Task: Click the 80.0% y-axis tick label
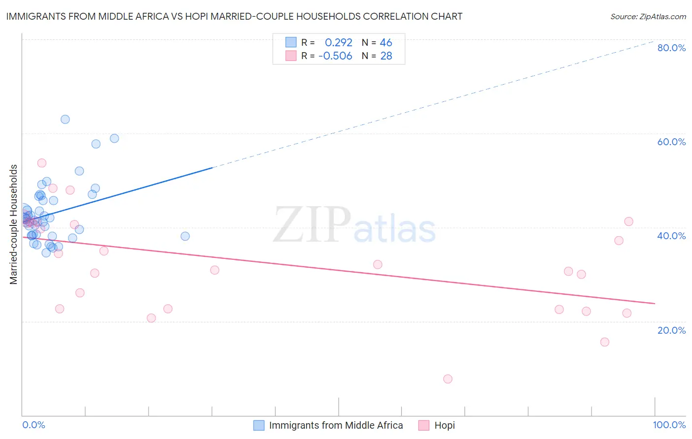[671, 48]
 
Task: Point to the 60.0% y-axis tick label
[671, 142]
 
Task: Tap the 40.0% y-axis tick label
[671, 236]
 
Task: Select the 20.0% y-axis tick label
[671, 330]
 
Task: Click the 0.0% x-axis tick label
[33, 425]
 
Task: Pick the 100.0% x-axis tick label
[669, 425]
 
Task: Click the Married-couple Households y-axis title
[14, 224]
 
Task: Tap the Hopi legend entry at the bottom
[444, 425]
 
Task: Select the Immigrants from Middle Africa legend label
[336, 425]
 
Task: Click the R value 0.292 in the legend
[339, 43]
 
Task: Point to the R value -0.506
[336, 56]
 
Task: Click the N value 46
[386, 43]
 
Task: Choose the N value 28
[386, 56]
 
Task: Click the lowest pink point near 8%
[447, 379]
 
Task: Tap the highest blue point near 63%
[65, 120]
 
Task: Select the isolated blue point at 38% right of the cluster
[185, 236]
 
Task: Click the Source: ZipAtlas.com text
[648, 17]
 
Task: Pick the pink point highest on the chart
[42, 163]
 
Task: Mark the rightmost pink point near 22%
[627, 313]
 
